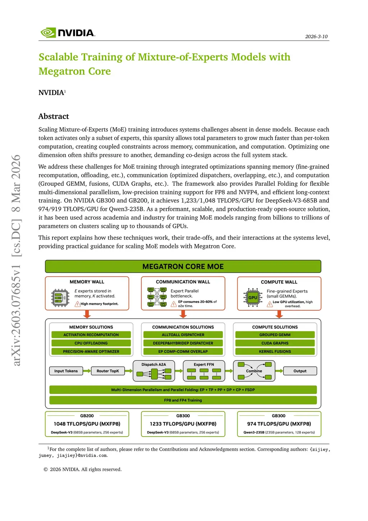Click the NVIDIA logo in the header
click(68, 33)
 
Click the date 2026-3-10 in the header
click(316, 36)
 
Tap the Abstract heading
click(54, 116)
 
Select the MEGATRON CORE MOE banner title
click(183, 267)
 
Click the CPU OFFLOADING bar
click(91, 343)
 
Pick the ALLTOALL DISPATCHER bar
click(183, 335)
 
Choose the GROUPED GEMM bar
click(275, 335)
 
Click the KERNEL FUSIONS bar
click(275, 352)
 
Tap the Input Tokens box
click(66, 371)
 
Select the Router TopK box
click(108, 371)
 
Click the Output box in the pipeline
click(300, 371)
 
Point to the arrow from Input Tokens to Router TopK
click(87, 371)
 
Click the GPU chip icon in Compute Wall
click(253, 298)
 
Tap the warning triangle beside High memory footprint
click(77, 304)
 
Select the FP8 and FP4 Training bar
click(183, 400)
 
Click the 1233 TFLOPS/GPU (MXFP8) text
click(183, 424)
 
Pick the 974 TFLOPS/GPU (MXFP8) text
click(279, 424)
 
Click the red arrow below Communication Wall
click(183, 314)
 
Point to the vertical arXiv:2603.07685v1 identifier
click(16, 260)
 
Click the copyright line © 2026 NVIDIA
click(83, 469)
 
